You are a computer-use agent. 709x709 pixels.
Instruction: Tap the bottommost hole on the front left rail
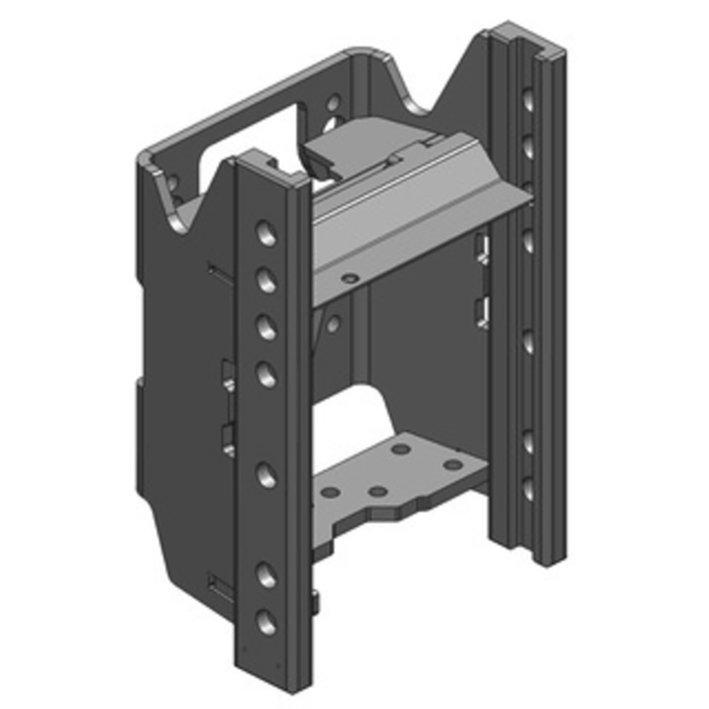click(x=265, y=620)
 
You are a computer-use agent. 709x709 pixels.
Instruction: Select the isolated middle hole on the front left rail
click(x=265, y=474)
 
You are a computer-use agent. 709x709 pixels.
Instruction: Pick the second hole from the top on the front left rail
click(x=265, y=281)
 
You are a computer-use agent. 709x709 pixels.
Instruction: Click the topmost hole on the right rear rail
click(x=528, y=99)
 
